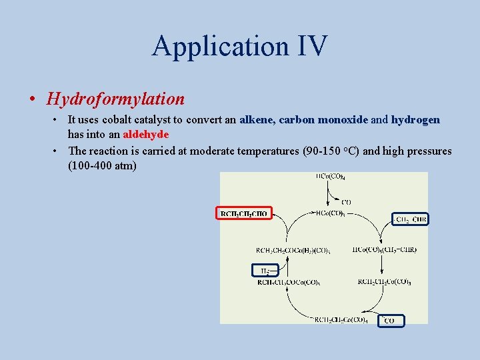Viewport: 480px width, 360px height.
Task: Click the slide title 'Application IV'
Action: [239, 46]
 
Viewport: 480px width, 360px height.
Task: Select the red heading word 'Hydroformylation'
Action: [115, 99]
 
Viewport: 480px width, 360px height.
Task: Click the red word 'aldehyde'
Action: [146, 134]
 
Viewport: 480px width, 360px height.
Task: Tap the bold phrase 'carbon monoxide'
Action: [323, 120]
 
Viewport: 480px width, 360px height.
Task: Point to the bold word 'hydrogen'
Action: [415, 120]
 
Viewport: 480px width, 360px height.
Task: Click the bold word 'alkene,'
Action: [257, 120]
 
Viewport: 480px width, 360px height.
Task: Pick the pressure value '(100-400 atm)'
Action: [102, 165]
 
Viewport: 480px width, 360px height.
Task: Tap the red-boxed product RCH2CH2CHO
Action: [243, 213]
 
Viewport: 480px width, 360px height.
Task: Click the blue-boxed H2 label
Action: [261, 270]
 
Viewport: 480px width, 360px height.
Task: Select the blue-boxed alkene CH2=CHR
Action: [410, 219]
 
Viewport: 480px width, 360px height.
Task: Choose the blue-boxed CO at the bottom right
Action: [390, 321]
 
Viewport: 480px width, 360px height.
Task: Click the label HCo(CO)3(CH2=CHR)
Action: [385, 250]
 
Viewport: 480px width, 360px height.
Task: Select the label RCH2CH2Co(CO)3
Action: [384, 282]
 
